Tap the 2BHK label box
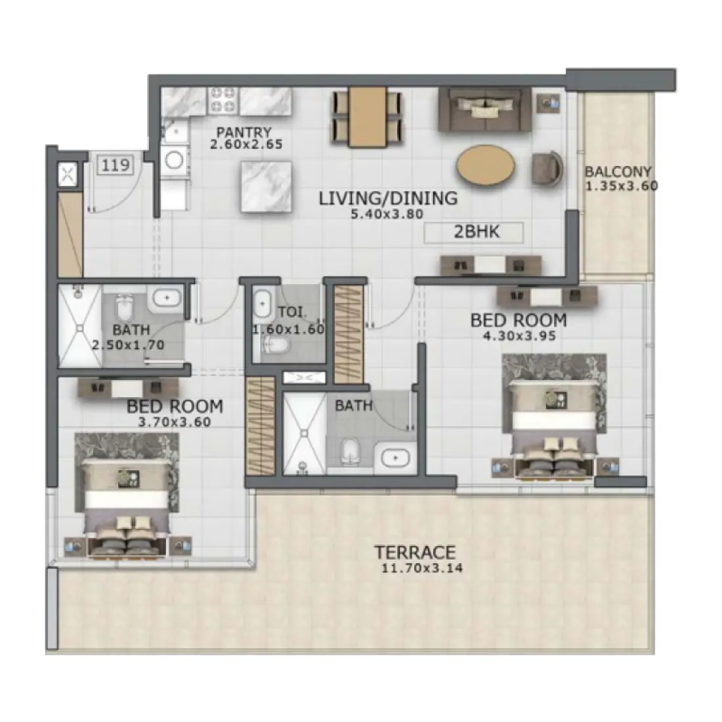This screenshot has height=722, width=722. click(473, 232)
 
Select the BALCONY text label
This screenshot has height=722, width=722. click(618, 172)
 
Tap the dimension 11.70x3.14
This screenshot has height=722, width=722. click(421, 568)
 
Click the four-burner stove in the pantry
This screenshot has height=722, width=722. click(222, 100)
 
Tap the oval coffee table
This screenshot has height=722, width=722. click(486, 166)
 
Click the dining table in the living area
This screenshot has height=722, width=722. click(367, 116)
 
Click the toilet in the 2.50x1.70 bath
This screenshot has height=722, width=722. click(125, 308)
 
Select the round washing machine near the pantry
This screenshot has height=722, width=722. click(175, 159)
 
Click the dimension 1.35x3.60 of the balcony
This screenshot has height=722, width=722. click(620, 186)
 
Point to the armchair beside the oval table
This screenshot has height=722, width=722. click(547, 168)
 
